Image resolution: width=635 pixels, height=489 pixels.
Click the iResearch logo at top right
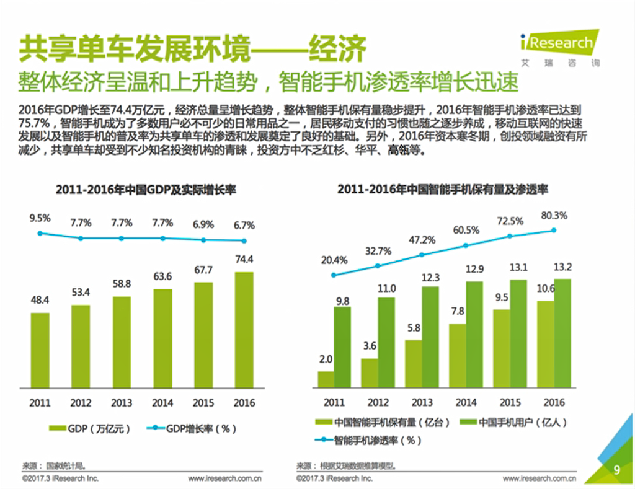click(560, 44)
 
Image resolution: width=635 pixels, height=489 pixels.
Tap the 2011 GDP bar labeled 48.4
click(40, 351)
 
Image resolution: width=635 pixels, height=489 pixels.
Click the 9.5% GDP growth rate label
click(40, 218)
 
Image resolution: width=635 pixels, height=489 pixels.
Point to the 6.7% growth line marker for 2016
click(244, 240)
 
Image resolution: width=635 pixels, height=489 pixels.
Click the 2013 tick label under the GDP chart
click(122, 403)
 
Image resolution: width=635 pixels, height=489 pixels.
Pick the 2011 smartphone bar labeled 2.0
click(326, 380)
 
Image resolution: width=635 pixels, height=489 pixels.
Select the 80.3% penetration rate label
click(554, 216)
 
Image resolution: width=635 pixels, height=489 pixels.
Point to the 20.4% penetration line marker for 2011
click(334, 275)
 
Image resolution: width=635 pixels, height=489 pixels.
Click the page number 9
click(616, 470)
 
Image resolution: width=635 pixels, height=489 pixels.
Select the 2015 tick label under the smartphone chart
click(510, 403)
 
